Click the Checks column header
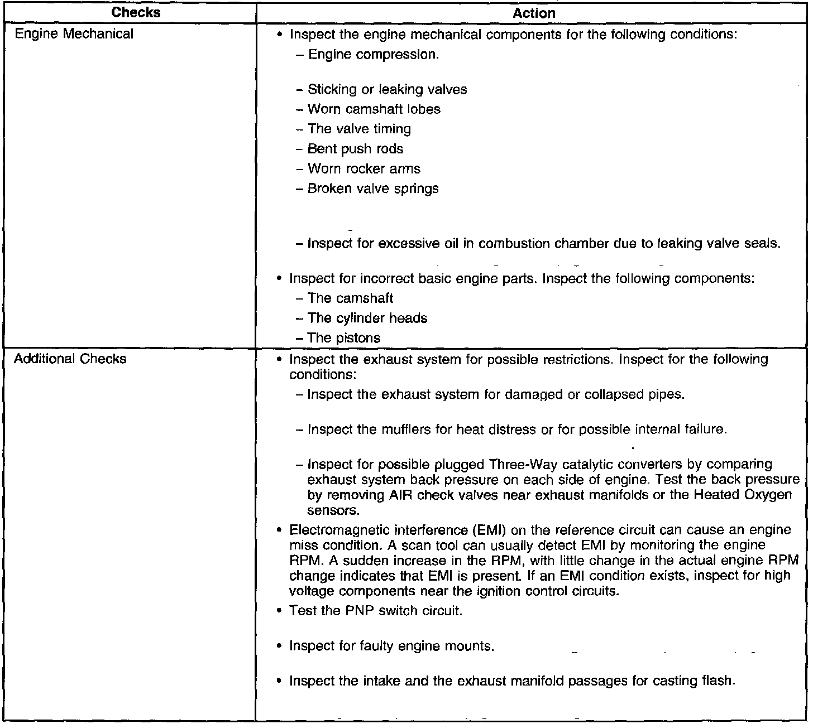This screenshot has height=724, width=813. [x=136, y=12]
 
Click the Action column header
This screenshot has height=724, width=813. [x=534, y=13]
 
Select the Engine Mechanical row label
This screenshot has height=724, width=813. [x=74, y=34]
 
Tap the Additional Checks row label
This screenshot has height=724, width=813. [x=70, y=359]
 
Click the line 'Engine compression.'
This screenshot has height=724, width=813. [x=373, y=55]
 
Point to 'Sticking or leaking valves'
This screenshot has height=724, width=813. [x=387, y=89]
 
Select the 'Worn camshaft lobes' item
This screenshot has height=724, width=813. [x=374, y=109]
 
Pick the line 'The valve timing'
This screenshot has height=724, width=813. [x=359, y=129]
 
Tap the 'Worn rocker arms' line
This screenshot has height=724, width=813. [x=364, y=169]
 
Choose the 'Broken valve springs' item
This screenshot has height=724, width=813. [x=373, y=189]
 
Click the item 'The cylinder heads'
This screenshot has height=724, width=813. [x=367, y=318]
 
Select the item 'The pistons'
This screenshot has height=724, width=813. [x=344, y=338]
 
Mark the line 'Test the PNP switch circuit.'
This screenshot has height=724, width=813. [x=376, y=611]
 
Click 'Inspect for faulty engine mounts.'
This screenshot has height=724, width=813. [x=392, y=646]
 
